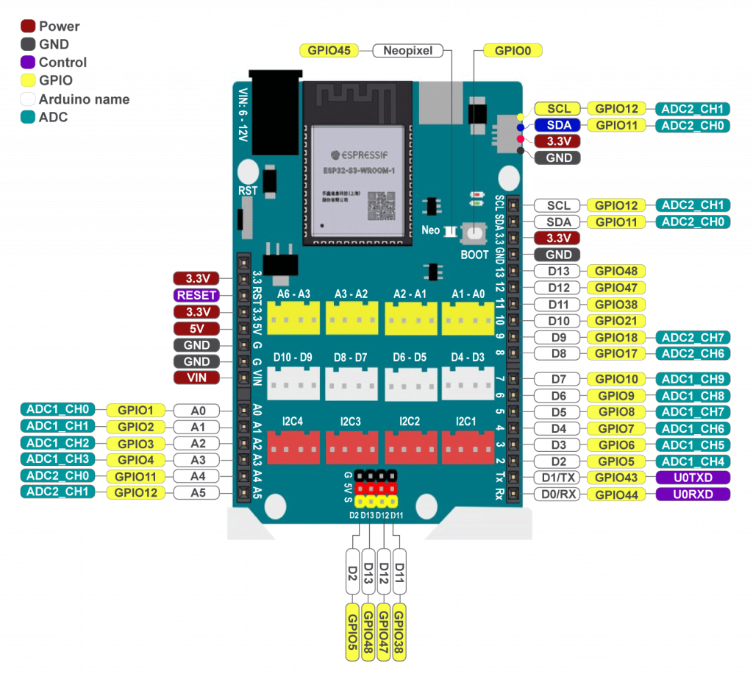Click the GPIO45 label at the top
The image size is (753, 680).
coord(329,51)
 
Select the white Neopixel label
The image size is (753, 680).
coord(408,51)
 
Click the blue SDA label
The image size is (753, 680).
coord(558,125)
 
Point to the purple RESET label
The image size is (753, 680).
coord(196,295)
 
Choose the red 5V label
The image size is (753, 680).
coord(196,328)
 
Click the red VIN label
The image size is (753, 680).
coord(196,378)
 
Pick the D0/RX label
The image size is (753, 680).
coord(558,495)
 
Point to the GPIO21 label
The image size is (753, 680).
coord(616,321)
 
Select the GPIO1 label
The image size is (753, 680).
coord(136,410)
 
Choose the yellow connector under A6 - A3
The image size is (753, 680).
coord(293,317)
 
